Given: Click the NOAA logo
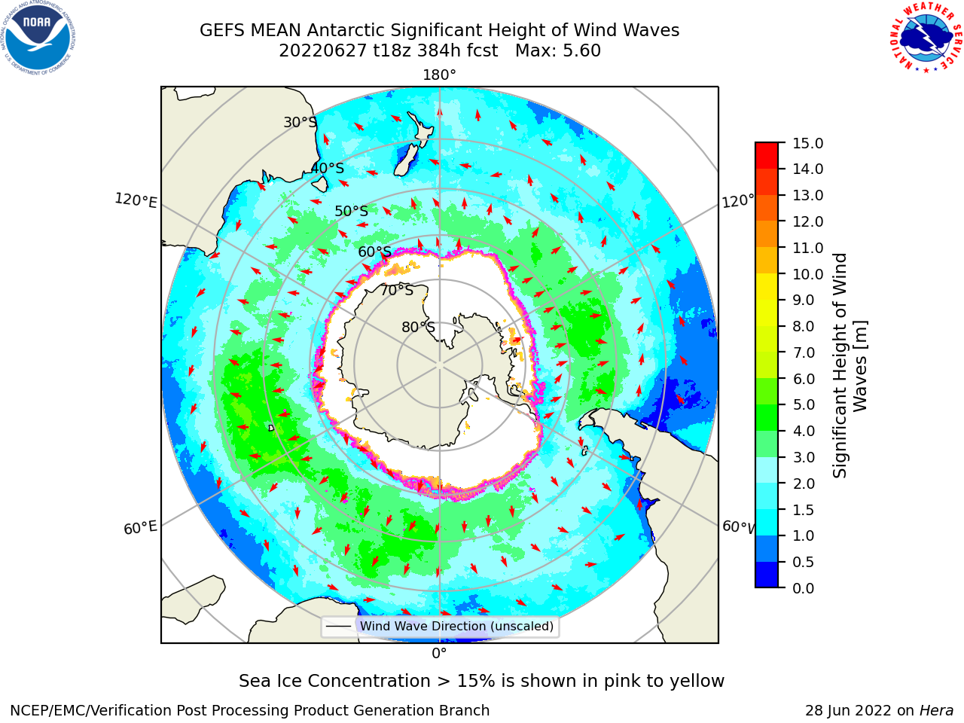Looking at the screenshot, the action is click(38, 38).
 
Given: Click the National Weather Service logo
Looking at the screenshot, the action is click(926, 37).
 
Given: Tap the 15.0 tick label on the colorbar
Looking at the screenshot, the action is click(807, 143).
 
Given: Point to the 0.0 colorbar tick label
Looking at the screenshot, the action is click(804, 588).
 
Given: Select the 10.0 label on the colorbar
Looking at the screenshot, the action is click(807, 274).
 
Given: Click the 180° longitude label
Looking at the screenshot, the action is click(439, 75).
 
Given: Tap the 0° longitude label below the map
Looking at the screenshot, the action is click(439, 654).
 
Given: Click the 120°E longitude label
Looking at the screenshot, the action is click(136, 200).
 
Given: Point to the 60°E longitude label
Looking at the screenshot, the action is click(140, 528).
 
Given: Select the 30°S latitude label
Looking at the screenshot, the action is click(300, 122).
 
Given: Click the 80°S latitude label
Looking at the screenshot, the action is click(418, 327).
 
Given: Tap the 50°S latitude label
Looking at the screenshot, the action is click(352, 211).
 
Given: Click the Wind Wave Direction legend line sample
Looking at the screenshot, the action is click(339, 627).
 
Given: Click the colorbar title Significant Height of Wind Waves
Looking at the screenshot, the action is click(850, 365).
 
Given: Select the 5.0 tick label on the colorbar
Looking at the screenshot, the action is click(804, 404).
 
